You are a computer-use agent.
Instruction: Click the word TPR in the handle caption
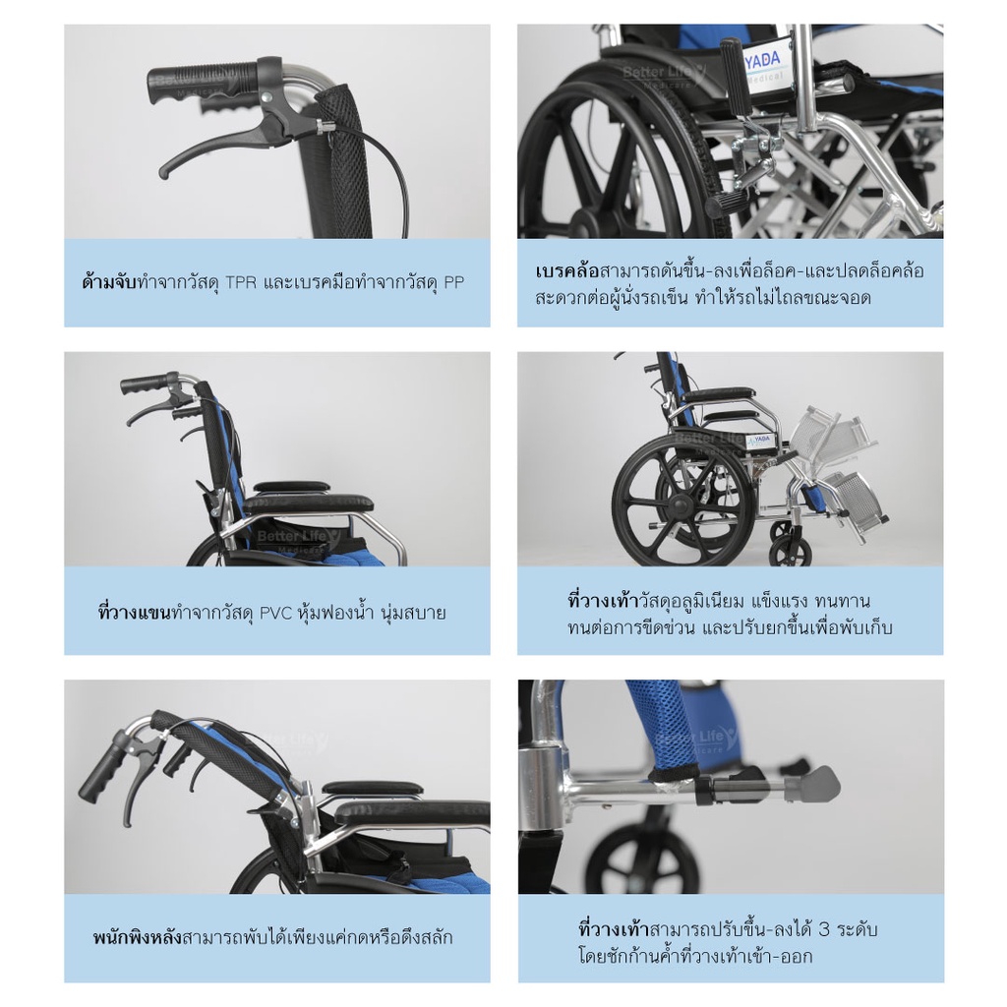(x=241, y=282)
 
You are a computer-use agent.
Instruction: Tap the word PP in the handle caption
(x=454, y=282)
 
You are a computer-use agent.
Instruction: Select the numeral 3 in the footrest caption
(x=825, y=929)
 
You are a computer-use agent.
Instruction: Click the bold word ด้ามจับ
(x=109, y=282)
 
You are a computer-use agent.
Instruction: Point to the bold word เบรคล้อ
(x=566, y=271)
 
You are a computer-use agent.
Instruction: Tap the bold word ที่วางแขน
(x=135, y=612)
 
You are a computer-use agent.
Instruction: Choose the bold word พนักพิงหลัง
(x=138, y=937)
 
